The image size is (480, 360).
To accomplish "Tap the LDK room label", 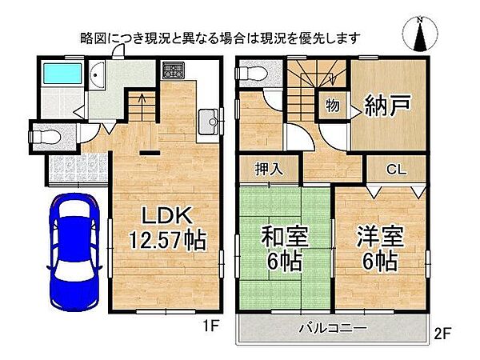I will click(167, 216).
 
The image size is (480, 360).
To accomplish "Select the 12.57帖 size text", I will click(167, 239).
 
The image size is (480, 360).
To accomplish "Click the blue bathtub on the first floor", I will click(59, 76).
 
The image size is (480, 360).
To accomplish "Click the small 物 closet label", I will click(331, 104).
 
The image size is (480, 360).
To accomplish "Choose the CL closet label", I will click(395, 170).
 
